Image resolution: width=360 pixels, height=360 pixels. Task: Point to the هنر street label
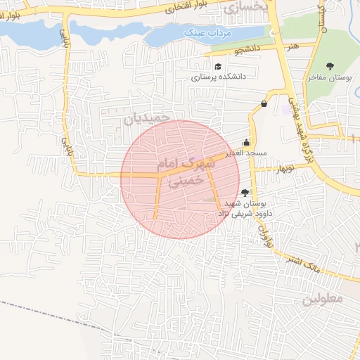pos(292,45)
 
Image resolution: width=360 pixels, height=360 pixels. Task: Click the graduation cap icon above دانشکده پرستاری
pos(219,66)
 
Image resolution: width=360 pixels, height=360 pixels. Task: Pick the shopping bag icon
pos(264,104)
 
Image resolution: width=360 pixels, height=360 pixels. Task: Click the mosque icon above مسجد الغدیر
pos(246,141)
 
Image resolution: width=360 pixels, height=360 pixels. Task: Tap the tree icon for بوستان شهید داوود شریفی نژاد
pos(245,192)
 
